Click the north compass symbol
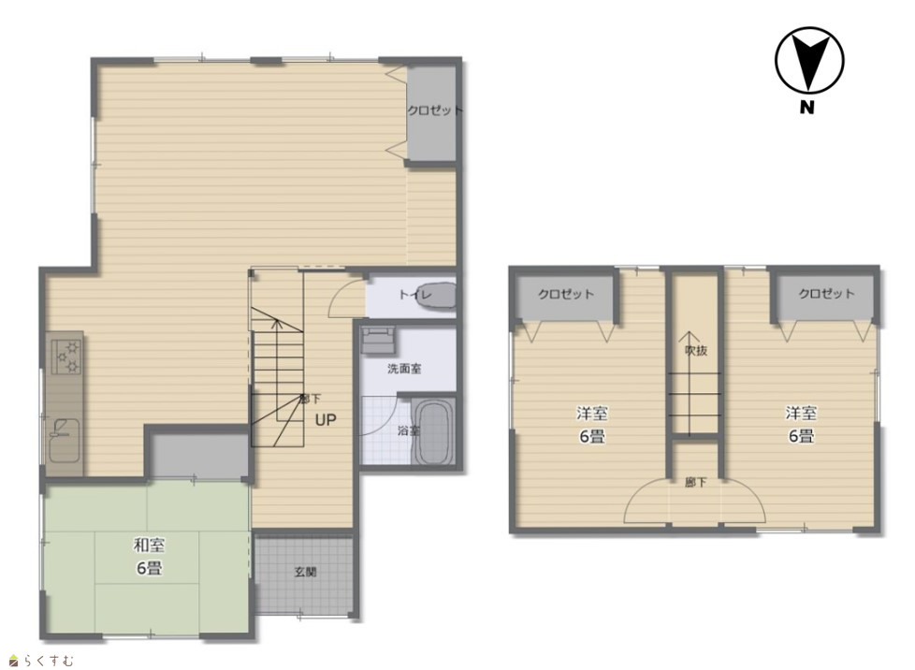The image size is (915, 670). click(809, 60)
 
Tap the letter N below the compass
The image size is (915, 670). click(806, 108)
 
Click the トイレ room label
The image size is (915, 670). click(414, 295)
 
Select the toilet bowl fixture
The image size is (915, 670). click(437, 295)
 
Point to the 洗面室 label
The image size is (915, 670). click(404, 369)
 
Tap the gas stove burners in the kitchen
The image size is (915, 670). click(67, 357)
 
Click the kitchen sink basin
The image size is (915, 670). click(64, 440)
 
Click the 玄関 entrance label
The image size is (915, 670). click(305, 572)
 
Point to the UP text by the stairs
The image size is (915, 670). click(326, 419)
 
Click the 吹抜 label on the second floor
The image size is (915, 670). click(696, 350)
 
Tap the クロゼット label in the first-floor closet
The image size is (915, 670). click(435, 109)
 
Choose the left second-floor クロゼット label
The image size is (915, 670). click(565, 294)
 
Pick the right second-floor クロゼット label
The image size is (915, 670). click(826, 293)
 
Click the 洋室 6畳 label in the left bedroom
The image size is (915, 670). click(592, 424)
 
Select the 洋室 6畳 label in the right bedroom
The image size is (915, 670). click(801, 424)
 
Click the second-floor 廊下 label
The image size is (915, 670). click(695, 483)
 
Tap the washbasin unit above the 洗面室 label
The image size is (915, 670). click(379, 341)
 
